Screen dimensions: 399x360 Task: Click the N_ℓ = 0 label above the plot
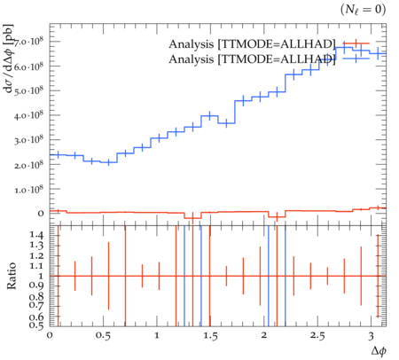coord(363,10)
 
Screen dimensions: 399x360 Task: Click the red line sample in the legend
coord(356,43)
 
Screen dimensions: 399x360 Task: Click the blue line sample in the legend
coord(356,59)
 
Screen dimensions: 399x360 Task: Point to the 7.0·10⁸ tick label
coord(28,41)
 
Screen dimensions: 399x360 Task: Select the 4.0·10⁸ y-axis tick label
coord(28,115)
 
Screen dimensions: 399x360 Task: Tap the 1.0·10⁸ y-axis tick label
coord(28,189)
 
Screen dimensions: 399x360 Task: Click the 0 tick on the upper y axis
coord(41,214)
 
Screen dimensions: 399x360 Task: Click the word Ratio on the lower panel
coord(12,276)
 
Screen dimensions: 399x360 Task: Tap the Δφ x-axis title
coord(379,351)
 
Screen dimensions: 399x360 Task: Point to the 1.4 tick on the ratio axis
coord(36,235)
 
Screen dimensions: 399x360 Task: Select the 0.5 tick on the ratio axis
coord(36,325)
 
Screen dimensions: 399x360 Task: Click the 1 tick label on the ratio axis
coord(41,276)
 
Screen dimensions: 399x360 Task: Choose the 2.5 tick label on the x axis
coord(317,336)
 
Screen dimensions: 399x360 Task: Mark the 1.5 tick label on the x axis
coord(210,336)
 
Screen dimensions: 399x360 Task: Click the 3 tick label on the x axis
coord(371,336)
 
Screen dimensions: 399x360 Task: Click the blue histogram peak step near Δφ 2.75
coord(344,47)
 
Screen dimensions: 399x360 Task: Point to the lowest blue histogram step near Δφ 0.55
coord(109,162)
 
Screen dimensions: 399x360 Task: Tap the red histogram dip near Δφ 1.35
coord(192,218)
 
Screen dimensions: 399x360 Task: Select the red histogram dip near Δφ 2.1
coord(277,217)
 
